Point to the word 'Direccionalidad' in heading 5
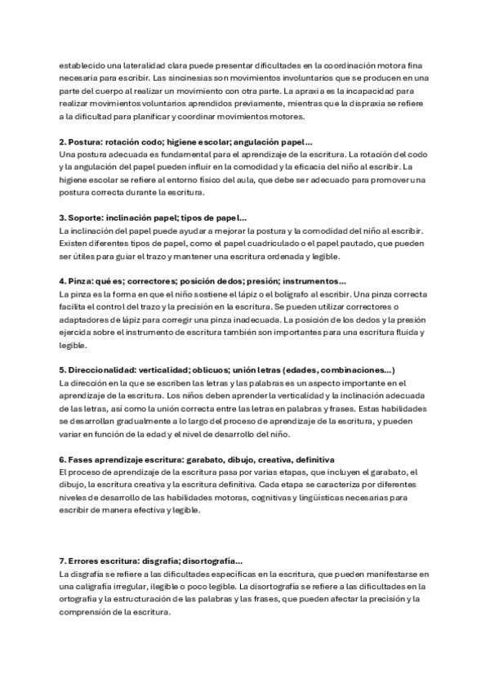coord(102,370)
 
